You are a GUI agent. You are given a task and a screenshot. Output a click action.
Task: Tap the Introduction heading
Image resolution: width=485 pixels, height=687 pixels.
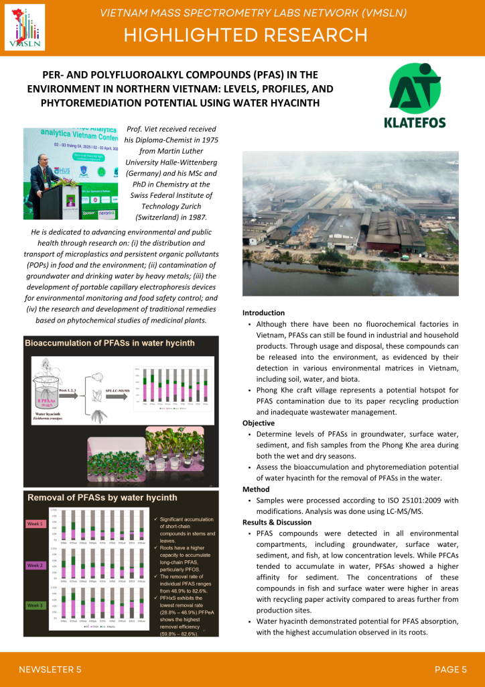263,313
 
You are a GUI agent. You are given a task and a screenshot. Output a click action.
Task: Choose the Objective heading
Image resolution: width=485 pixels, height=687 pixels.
259,423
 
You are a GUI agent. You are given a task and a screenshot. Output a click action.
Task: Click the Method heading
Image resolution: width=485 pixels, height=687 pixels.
256,490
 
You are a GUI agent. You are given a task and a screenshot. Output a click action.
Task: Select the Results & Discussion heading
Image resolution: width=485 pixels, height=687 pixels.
277,522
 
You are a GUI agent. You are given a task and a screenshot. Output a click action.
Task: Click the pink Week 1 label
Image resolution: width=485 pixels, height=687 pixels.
36,523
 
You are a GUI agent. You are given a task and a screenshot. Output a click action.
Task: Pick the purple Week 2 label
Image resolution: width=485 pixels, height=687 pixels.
36,566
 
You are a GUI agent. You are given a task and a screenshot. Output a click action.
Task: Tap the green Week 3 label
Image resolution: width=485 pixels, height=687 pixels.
36,606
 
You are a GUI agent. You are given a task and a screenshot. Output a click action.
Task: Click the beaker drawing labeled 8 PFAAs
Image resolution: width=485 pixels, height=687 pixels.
44,399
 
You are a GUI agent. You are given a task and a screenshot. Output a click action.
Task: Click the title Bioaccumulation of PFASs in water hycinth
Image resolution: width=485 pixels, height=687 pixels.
110,343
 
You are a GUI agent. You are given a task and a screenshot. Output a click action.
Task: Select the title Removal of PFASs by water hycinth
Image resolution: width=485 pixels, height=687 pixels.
102,497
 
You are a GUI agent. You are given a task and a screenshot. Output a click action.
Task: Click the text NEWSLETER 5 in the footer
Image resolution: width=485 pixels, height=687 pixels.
50,669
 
